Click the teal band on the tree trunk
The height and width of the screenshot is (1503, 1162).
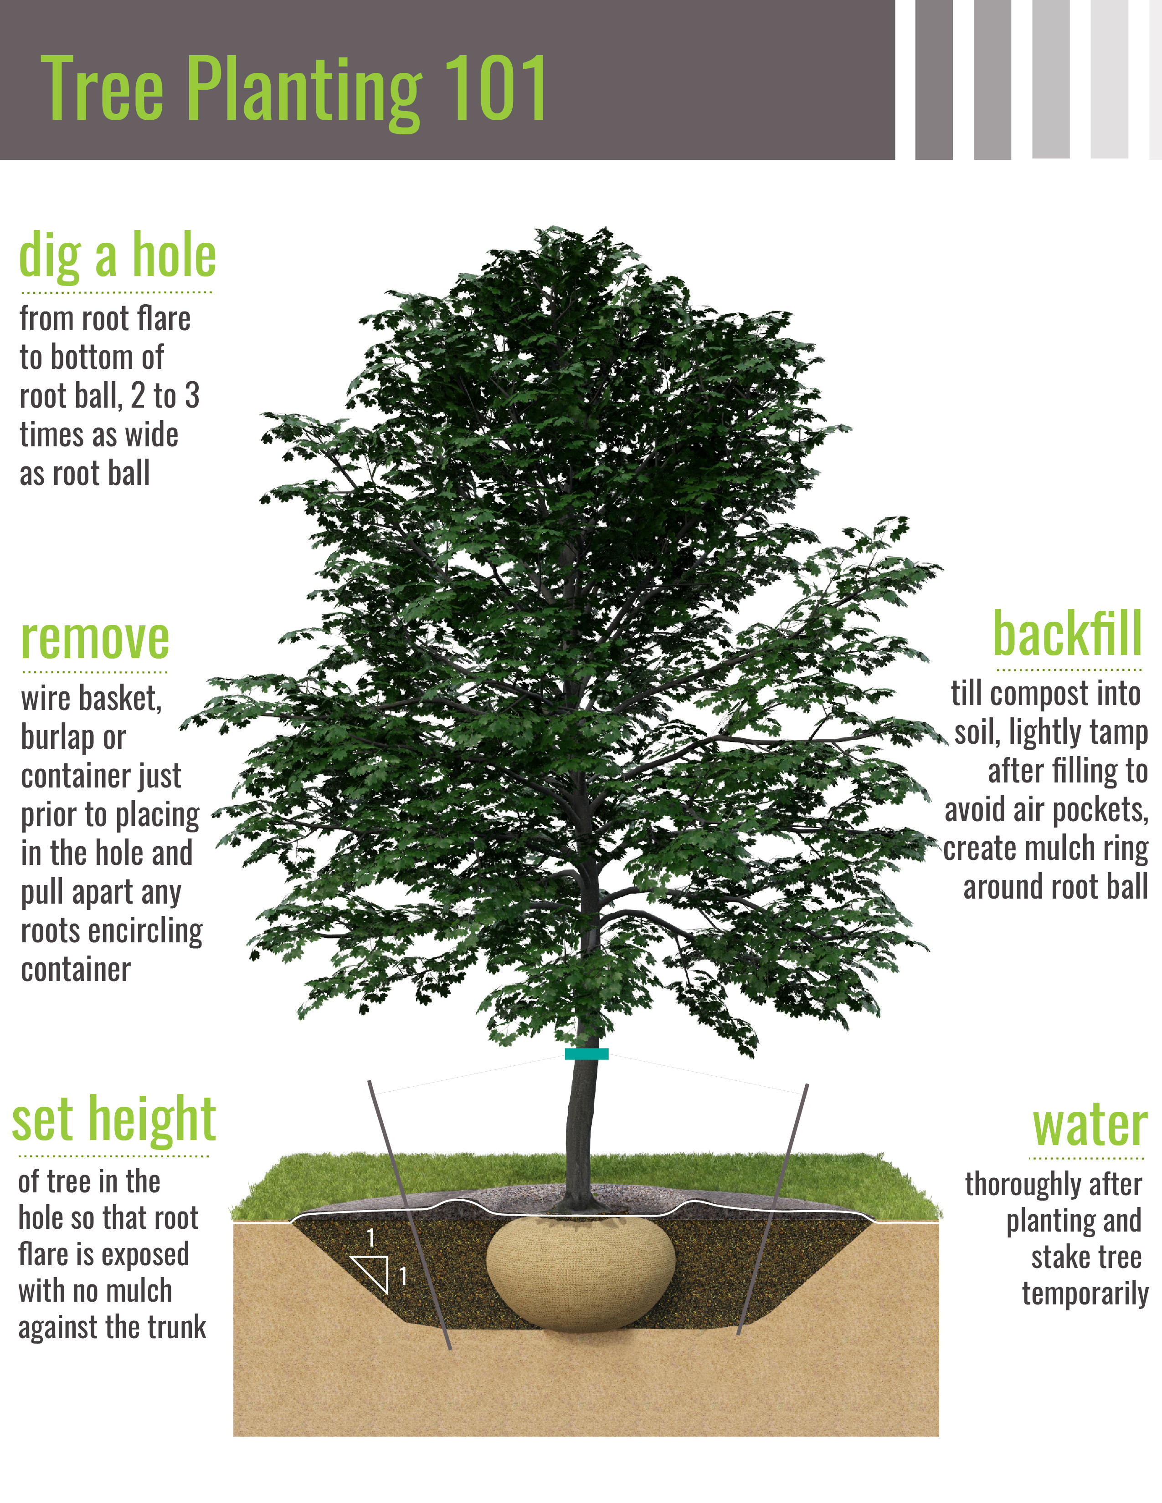[586, 1053]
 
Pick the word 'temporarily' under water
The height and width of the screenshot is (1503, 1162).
[1085, 1294]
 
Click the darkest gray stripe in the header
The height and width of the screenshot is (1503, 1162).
[933, 80]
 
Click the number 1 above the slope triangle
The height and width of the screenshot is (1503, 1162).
[371, 1238]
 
